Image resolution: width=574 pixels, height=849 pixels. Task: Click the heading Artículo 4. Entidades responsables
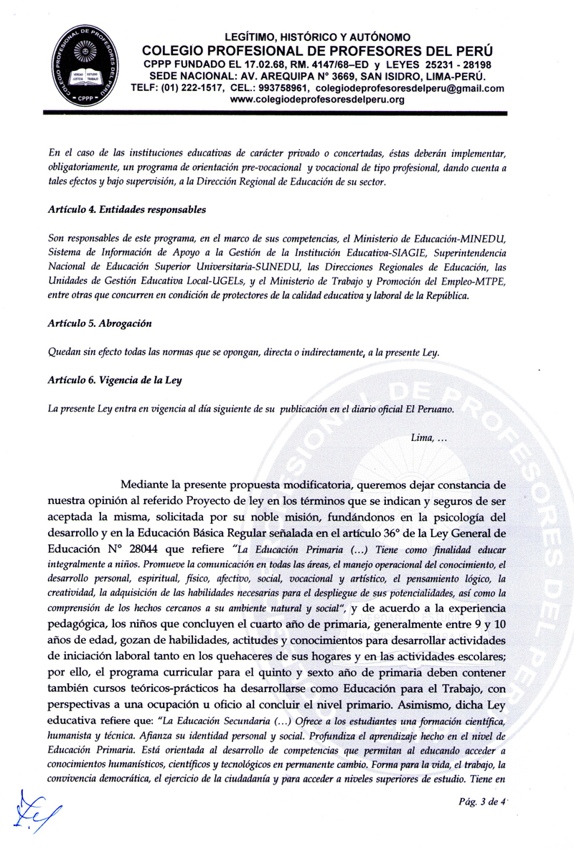[123, 210]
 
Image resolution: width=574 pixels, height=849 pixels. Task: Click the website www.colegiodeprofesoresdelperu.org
[317, 100]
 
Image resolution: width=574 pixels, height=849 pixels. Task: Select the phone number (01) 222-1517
[199, 88]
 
